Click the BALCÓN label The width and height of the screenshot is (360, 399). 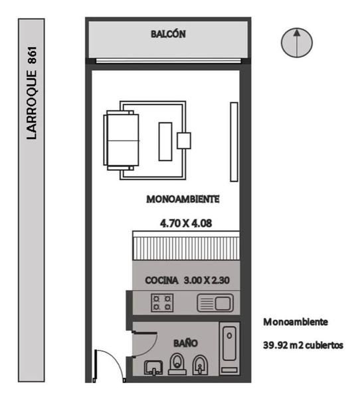(168, 34)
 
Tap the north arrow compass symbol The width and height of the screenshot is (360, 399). (297, 43)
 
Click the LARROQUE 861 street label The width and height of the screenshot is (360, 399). (32, 93)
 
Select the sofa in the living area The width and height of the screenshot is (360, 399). (122, 140)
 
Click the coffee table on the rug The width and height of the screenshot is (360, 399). (165, 142)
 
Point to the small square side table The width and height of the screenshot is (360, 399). (184, 140)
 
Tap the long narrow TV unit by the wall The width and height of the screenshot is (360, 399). (234, 142)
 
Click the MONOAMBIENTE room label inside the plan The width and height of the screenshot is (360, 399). (183, 199)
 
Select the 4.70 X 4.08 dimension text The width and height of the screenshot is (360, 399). (186, 223)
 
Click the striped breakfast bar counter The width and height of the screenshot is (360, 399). (186, 245)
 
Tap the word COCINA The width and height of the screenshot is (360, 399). (161, 281)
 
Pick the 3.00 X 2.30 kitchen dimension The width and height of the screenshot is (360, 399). (207, 281)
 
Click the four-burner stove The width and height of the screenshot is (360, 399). (162, 303)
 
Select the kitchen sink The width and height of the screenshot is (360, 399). (215, 303)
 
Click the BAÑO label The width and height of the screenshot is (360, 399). (185, 344)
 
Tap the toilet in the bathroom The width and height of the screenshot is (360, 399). (177, 364)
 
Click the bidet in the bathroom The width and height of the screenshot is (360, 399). (201, 365)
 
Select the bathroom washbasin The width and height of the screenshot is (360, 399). (153, 368)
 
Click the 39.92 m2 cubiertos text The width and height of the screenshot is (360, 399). (303, 345)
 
